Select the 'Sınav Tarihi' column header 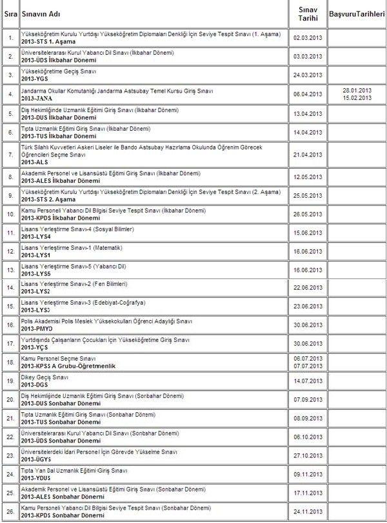(307, 14)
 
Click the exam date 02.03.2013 (307, 38)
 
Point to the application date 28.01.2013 (357, 90)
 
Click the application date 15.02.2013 (357, 98)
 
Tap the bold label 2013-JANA (37, 98)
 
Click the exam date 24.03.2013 (307, 75)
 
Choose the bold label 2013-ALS (35, 162)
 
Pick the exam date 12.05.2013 (307, 176)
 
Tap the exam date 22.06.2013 (307, 288)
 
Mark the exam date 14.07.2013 (307, 381)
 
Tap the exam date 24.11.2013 (307, 511)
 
